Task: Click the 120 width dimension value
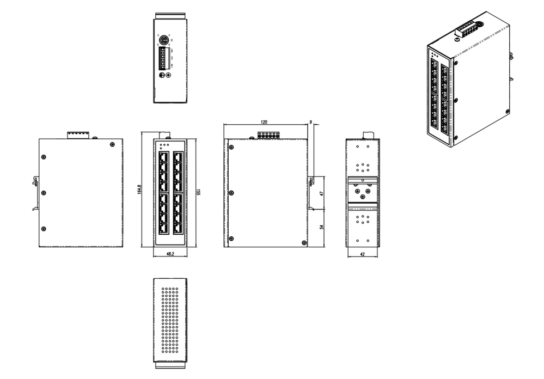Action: [265, 121]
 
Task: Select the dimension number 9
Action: [310, 123]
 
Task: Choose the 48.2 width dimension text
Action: [170, 254]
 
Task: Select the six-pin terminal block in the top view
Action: [163, 58]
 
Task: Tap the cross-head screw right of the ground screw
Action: [167, 76]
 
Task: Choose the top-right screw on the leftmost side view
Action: [112, 144]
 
